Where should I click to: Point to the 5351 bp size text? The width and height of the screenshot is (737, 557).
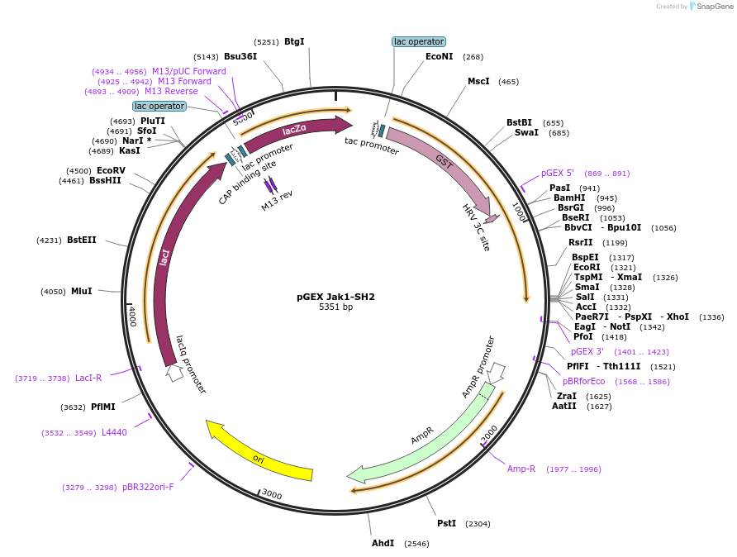335,307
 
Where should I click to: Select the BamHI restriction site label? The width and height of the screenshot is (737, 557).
568,198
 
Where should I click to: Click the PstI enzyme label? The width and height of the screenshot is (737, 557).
446,524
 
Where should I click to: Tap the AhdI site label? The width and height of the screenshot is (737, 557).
383,544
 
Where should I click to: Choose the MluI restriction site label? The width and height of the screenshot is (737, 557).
81,291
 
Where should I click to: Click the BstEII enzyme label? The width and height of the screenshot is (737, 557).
81,240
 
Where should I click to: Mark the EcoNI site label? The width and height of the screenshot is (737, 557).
439,57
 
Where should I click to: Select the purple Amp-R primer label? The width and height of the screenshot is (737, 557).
521,469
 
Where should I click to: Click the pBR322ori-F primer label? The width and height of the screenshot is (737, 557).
148,488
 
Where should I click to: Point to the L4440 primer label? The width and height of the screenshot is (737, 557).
114,433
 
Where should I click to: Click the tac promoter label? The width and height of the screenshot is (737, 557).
372,141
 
